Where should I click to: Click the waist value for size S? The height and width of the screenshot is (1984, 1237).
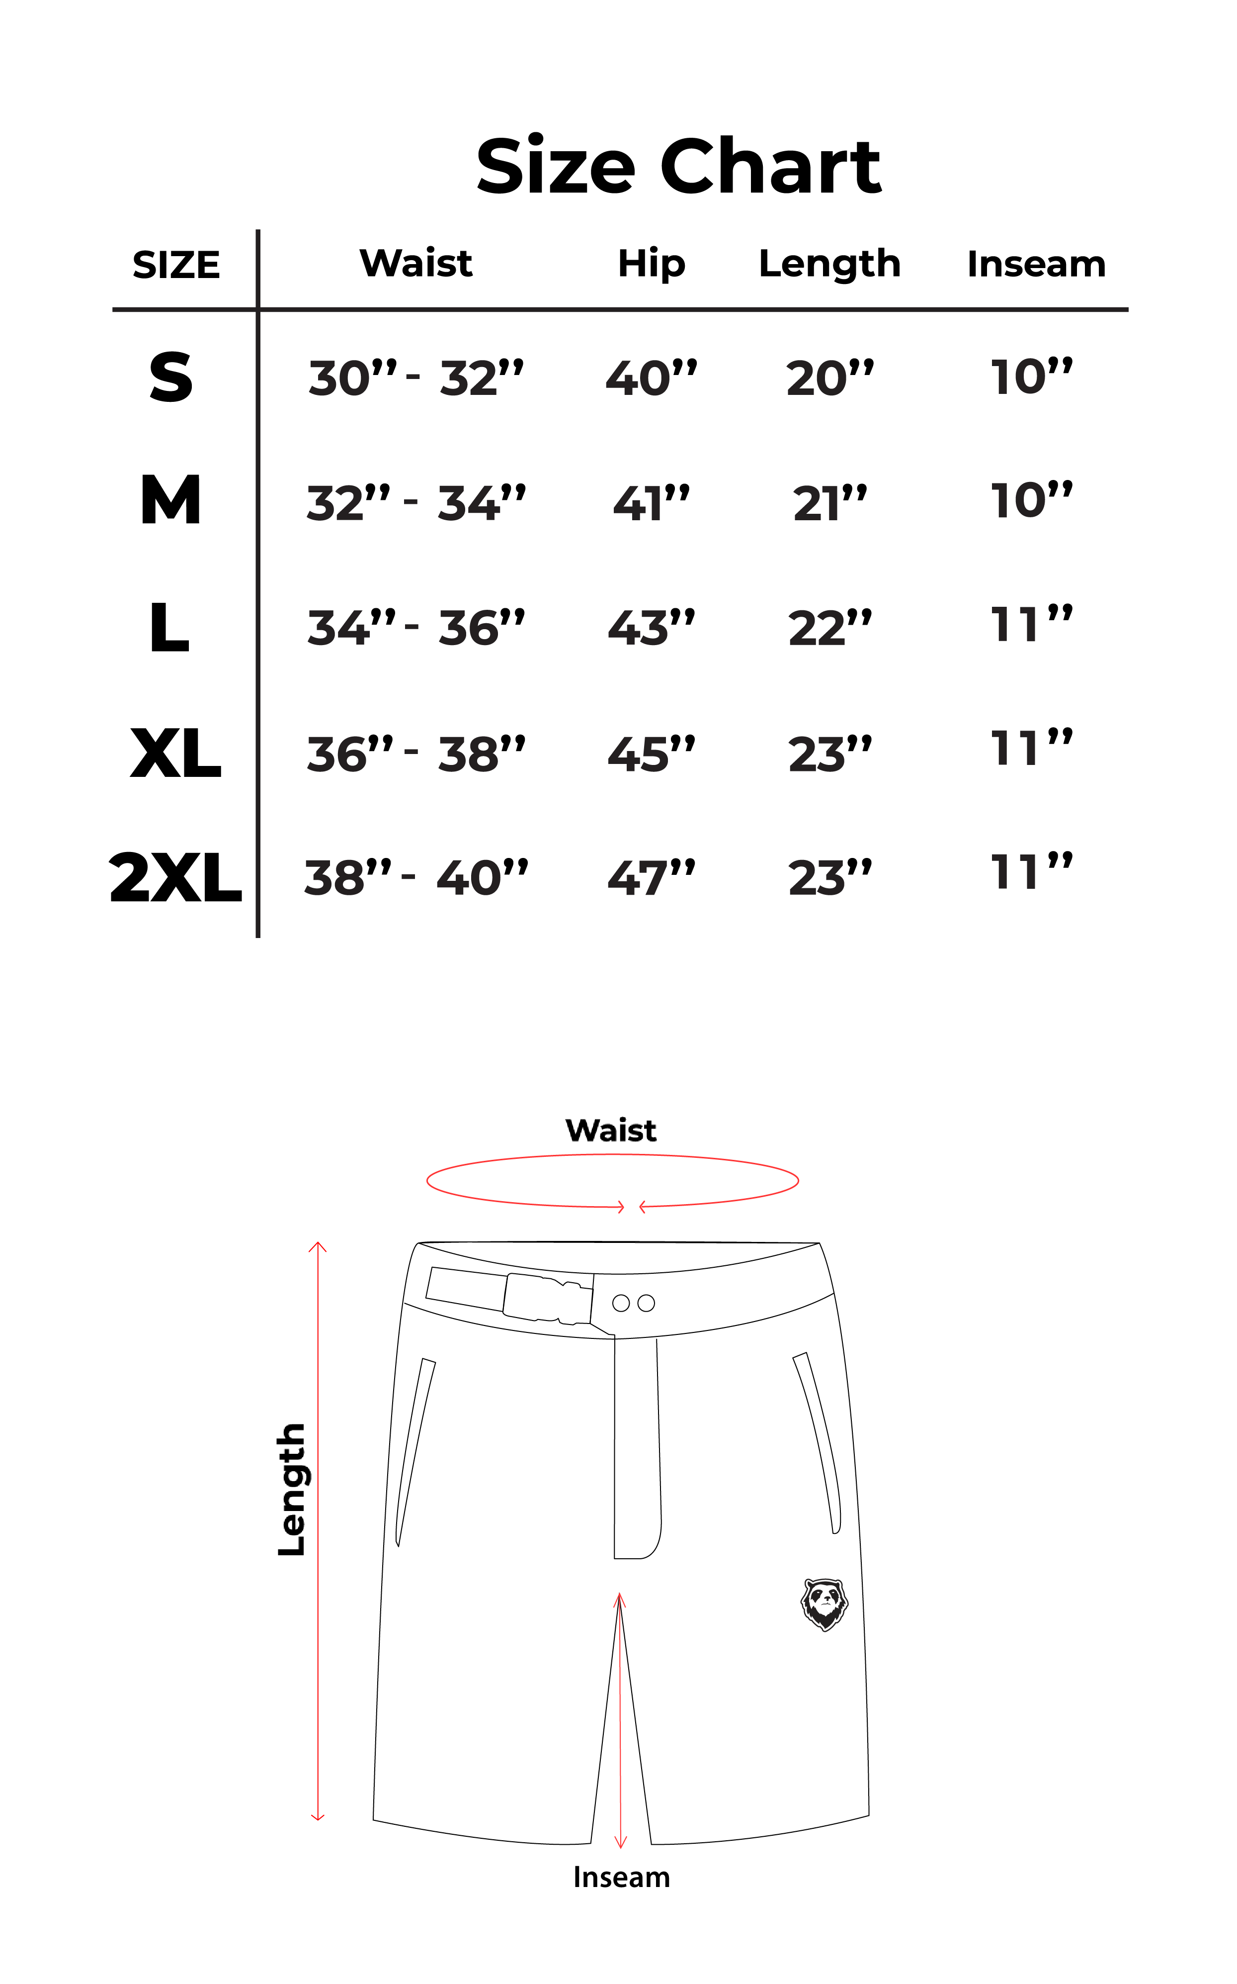(x=415, y=378)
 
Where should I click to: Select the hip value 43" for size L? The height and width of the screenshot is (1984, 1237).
(x=651, y=628)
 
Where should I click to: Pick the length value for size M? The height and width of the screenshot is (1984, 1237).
(x=829, y=502)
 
